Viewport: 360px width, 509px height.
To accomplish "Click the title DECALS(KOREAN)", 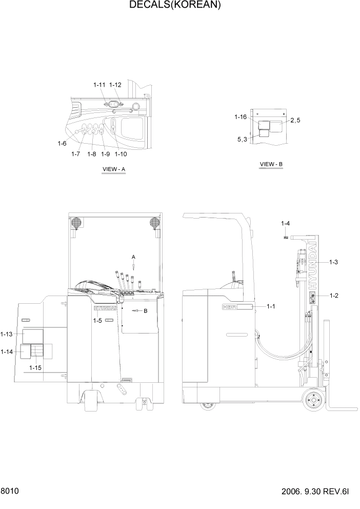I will (175, 6).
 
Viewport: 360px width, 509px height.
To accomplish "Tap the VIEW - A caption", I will (114, 169).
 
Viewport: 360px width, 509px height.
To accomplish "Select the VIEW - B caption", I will (271, 164).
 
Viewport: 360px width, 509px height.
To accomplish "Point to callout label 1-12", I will (115, 85).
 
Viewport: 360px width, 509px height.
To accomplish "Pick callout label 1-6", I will (62, 144).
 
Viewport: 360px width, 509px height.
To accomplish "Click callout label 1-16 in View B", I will (242, 118).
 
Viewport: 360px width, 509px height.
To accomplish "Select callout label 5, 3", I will (243, 139).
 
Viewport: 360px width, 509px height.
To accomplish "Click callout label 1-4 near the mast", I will (286, 223).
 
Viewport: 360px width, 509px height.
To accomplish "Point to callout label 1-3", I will (333, 262).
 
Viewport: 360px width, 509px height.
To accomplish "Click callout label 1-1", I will (271, 306).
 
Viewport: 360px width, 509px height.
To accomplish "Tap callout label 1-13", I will (7, 334).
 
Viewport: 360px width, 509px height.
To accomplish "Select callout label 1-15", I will (35, 368).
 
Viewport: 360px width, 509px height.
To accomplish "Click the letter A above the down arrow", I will (133, 256).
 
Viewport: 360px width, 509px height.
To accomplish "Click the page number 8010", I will (10, 491).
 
